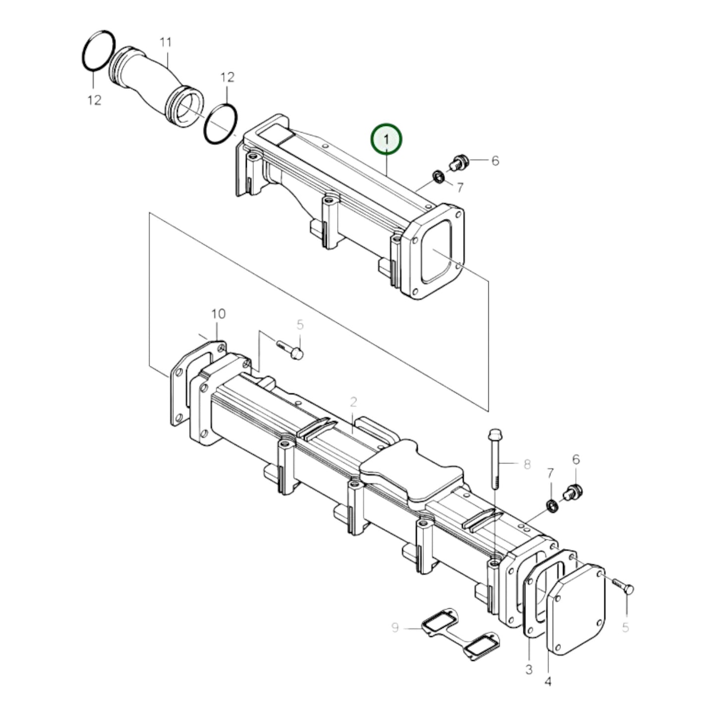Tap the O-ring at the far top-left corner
(98, 51)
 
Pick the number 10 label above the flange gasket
(218, 314)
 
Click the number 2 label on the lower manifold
(353, 401)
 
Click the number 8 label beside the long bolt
(527, 464)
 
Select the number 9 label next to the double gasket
(395, 628)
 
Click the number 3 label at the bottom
(529, 670)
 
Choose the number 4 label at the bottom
(548, 682)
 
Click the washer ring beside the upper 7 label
(438, 176)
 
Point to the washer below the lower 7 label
(551, 506)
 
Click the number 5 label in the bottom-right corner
(625, 627)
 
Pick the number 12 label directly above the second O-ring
(227, 77)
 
